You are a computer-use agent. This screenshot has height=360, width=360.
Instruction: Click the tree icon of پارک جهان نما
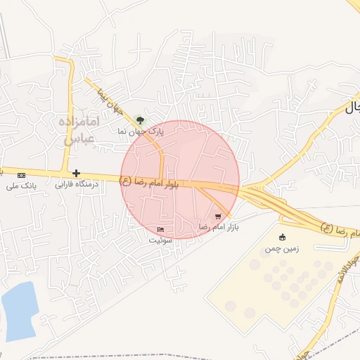tap(140, 120)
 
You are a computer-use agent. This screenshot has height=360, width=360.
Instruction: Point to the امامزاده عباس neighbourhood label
tap(82, 131)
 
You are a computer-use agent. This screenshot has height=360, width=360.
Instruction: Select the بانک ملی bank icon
tap(21, 174)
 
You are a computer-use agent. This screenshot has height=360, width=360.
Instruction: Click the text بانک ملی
tap(20, 186)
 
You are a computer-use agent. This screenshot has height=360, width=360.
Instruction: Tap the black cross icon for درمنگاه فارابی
tap(76, 173)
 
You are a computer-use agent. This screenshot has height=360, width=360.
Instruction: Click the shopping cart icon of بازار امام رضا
tap(218, 217)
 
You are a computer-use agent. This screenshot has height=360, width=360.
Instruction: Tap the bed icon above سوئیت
tap(160, 230)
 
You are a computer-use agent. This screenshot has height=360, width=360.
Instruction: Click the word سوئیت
tap(160, 240)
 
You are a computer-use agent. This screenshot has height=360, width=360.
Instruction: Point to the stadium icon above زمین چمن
tap(283, 237)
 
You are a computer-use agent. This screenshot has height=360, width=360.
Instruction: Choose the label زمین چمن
tap(281, 248)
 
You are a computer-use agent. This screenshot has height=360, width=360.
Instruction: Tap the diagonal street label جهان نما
tap(110, 102)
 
